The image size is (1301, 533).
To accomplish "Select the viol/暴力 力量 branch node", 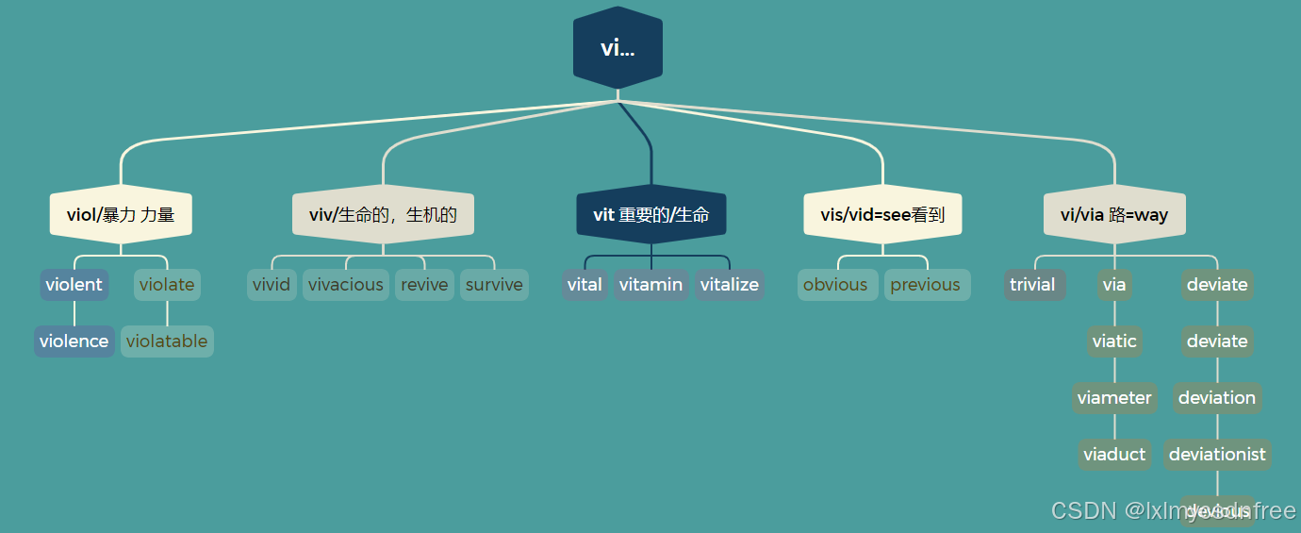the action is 121,215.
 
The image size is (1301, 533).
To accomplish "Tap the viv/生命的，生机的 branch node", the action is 383,215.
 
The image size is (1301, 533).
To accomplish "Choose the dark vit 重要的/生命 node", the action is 651,215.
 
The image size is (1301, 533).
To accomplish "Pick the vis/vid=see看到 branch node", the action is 882,215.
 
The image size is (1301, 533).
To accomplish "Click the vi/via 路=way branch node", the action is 1114,215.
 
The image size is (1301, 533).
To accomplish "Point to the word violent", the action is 74,285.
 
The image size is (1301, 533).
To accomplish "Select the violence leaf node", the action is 74,341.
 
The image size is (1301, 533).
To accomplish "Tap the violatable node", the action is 167,341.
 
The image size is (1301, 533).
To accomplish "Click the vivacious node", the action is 346,285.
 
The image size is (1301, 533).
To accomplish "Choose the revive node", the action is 424,285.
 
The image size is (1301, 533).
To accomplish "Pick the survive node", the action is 494,285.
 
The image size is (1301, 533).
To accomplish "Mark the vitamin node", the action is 651,285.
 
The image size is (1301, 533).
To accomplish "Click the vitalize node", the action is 730,285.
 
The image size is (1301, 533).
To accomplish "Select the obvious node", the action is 835,285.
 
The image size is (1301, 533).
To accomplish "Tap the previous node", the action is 926,285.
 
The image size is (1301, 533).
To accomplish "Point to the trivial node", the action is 1033,285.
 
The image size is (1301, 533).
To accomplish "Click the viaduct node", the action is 1114,455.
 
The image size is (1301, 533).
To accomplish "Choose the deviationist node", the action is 1217,455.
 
